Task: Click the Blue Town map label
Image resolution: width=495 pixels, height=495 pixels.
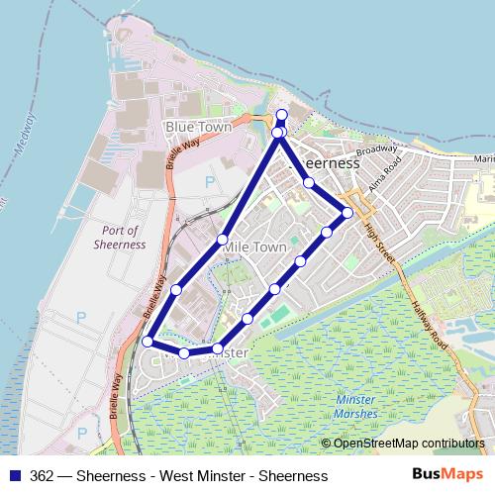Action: (198, 127)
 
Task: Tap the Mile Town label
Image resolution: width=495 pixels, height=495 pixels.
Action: (255, 247)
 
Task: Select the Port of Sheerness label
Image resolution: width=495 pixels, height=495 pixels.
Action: (121, 237)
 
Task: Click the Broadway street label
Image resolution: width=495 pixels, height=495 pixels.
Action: (375, 149)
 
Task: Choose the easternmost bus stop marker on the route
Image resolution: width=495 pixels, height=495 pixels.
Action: (347, 212)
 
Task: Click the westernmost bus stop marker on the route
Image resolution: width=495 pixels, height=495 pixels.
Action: (148, 342)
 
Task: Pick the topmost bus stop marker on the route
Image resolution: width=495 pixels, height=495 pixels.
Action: (281, 115)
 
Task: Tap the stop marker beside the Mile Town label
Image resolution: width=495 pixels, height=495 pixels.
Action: (223, 239)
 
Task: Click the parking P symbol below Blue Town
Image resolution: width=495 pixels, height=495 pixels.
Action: (209, 181)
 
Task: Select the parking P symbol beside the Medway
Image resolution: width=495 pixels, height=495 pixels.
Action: (81, 317)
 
